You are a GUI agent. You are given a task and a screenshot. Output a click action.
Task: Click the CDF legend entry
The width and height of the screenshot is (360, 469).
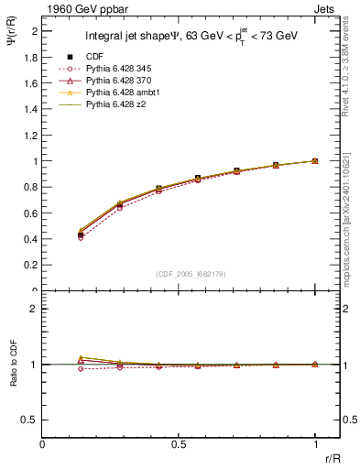94,56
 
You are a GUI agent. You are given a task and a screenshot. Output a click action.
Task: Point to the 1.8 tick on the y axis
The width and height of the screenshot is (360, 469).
31,57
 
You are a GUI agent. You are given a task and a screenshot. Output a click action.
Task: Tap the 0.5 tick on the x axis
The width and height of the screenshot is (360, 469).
179,444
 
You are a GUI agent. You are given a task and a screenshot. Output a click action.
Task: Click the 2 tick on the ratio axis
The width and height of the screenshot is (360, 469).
35,310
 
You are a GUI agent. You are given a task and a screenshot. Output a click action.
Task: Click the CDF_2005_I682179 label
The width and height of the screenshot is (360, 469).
179,275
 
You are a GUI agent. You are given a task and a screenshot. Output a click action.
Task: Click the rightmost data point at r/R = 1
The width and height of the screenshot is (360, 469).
315,160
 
